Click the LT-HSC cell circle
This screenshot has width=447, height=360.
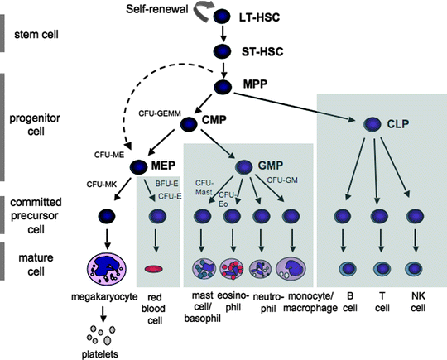[x=221, y=16]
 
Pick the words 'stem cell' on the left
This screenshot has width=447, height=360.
[x=37, y=37]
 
